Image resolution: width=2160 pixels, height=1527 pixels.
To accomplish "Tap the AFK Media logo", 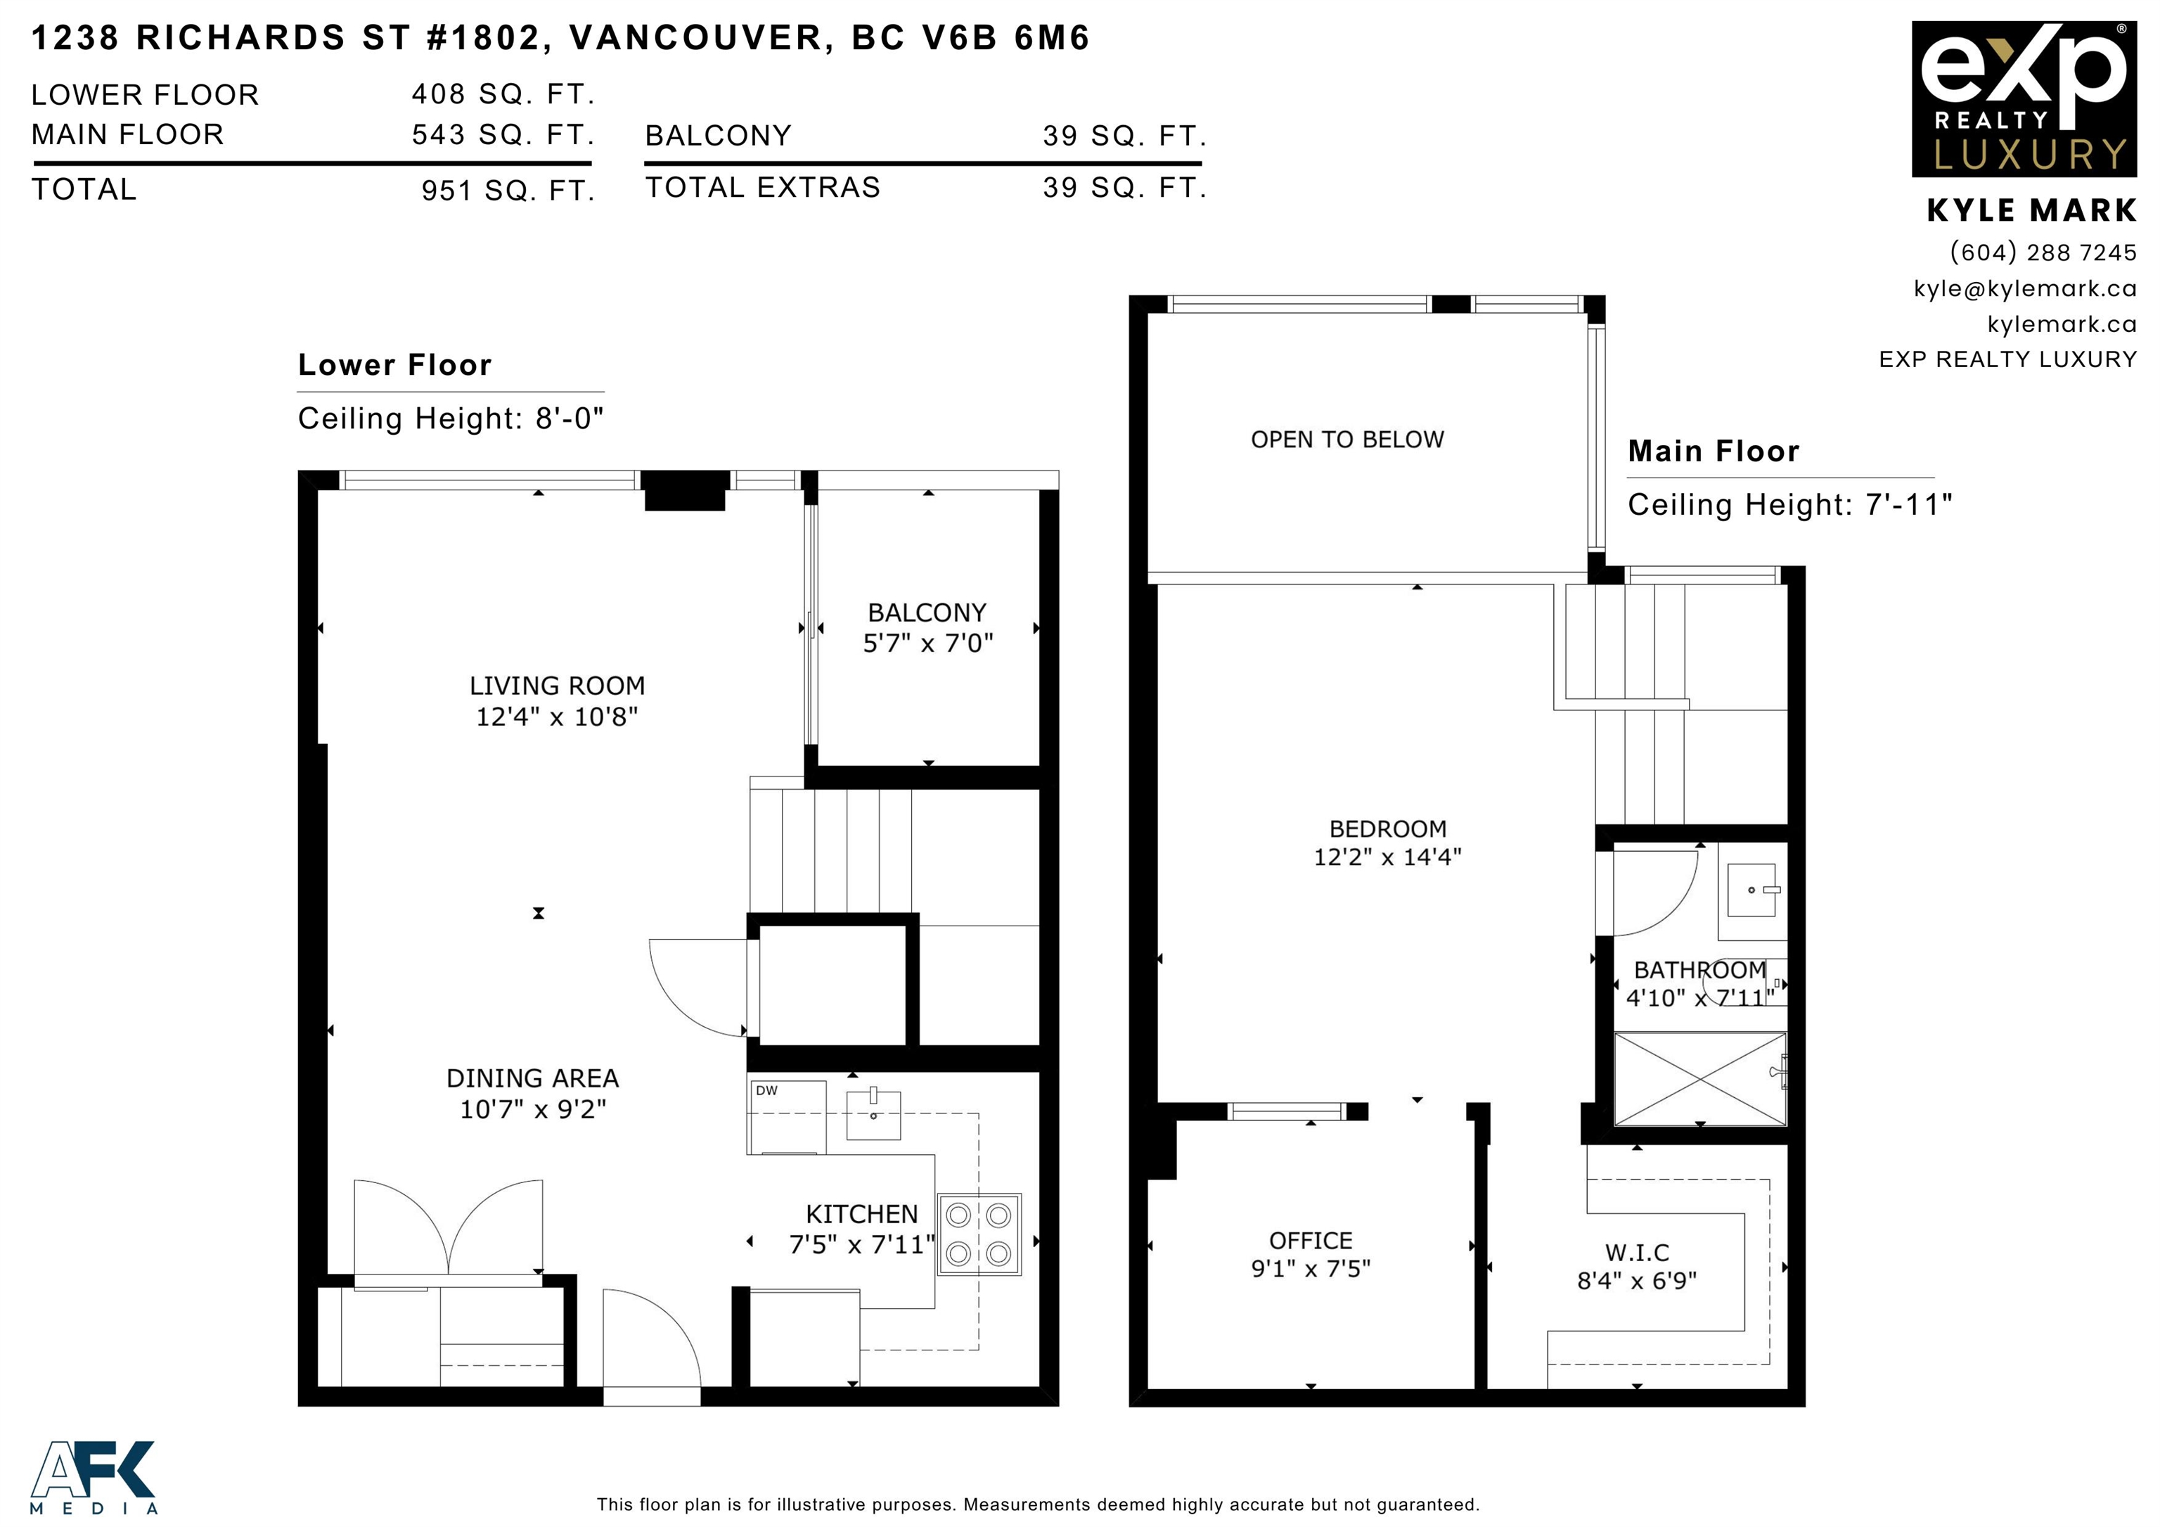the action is [x=93, y=1476].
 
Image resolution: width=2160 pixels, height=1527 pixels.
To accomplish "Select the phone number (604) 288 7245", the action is [x=2043, y=252].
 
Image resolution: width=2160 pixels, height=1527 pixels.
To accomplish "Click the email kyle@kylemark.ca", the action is [x=2024, y=289].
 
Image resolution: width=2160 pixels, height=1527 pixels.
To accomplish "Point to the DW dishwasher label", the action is [x=766, y=1090].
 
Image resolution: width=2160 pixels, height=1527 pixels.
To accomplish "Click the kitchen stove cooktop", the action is [x=978, y=1234].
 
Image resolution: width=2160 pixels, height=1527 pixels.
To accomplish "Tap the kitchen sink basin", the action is [x=873, y=1114].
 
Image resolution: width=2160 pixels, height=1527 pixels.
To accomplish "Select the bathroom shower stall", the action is [x=1700, y=1078].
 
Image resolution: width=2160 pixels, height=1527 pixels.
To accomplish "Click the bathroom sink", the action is [x=1751, y=890].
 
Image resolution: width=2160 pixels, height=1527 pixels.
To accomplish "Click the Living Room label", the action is [x=557, y=686].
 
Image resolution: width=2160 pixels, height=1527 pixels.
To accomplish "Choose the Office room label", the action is [x=1311, y=1241].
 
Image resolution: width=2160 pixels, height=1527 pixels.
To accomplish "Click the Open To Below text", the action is [x=1347, y=440].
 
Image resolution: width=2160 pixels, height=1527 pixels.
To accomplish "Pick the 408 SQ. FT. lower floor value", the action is [x=503, y=94].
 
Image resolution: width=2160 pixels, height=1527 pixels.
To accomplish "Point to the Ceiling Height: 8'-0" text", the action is [x=451, y=418].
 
